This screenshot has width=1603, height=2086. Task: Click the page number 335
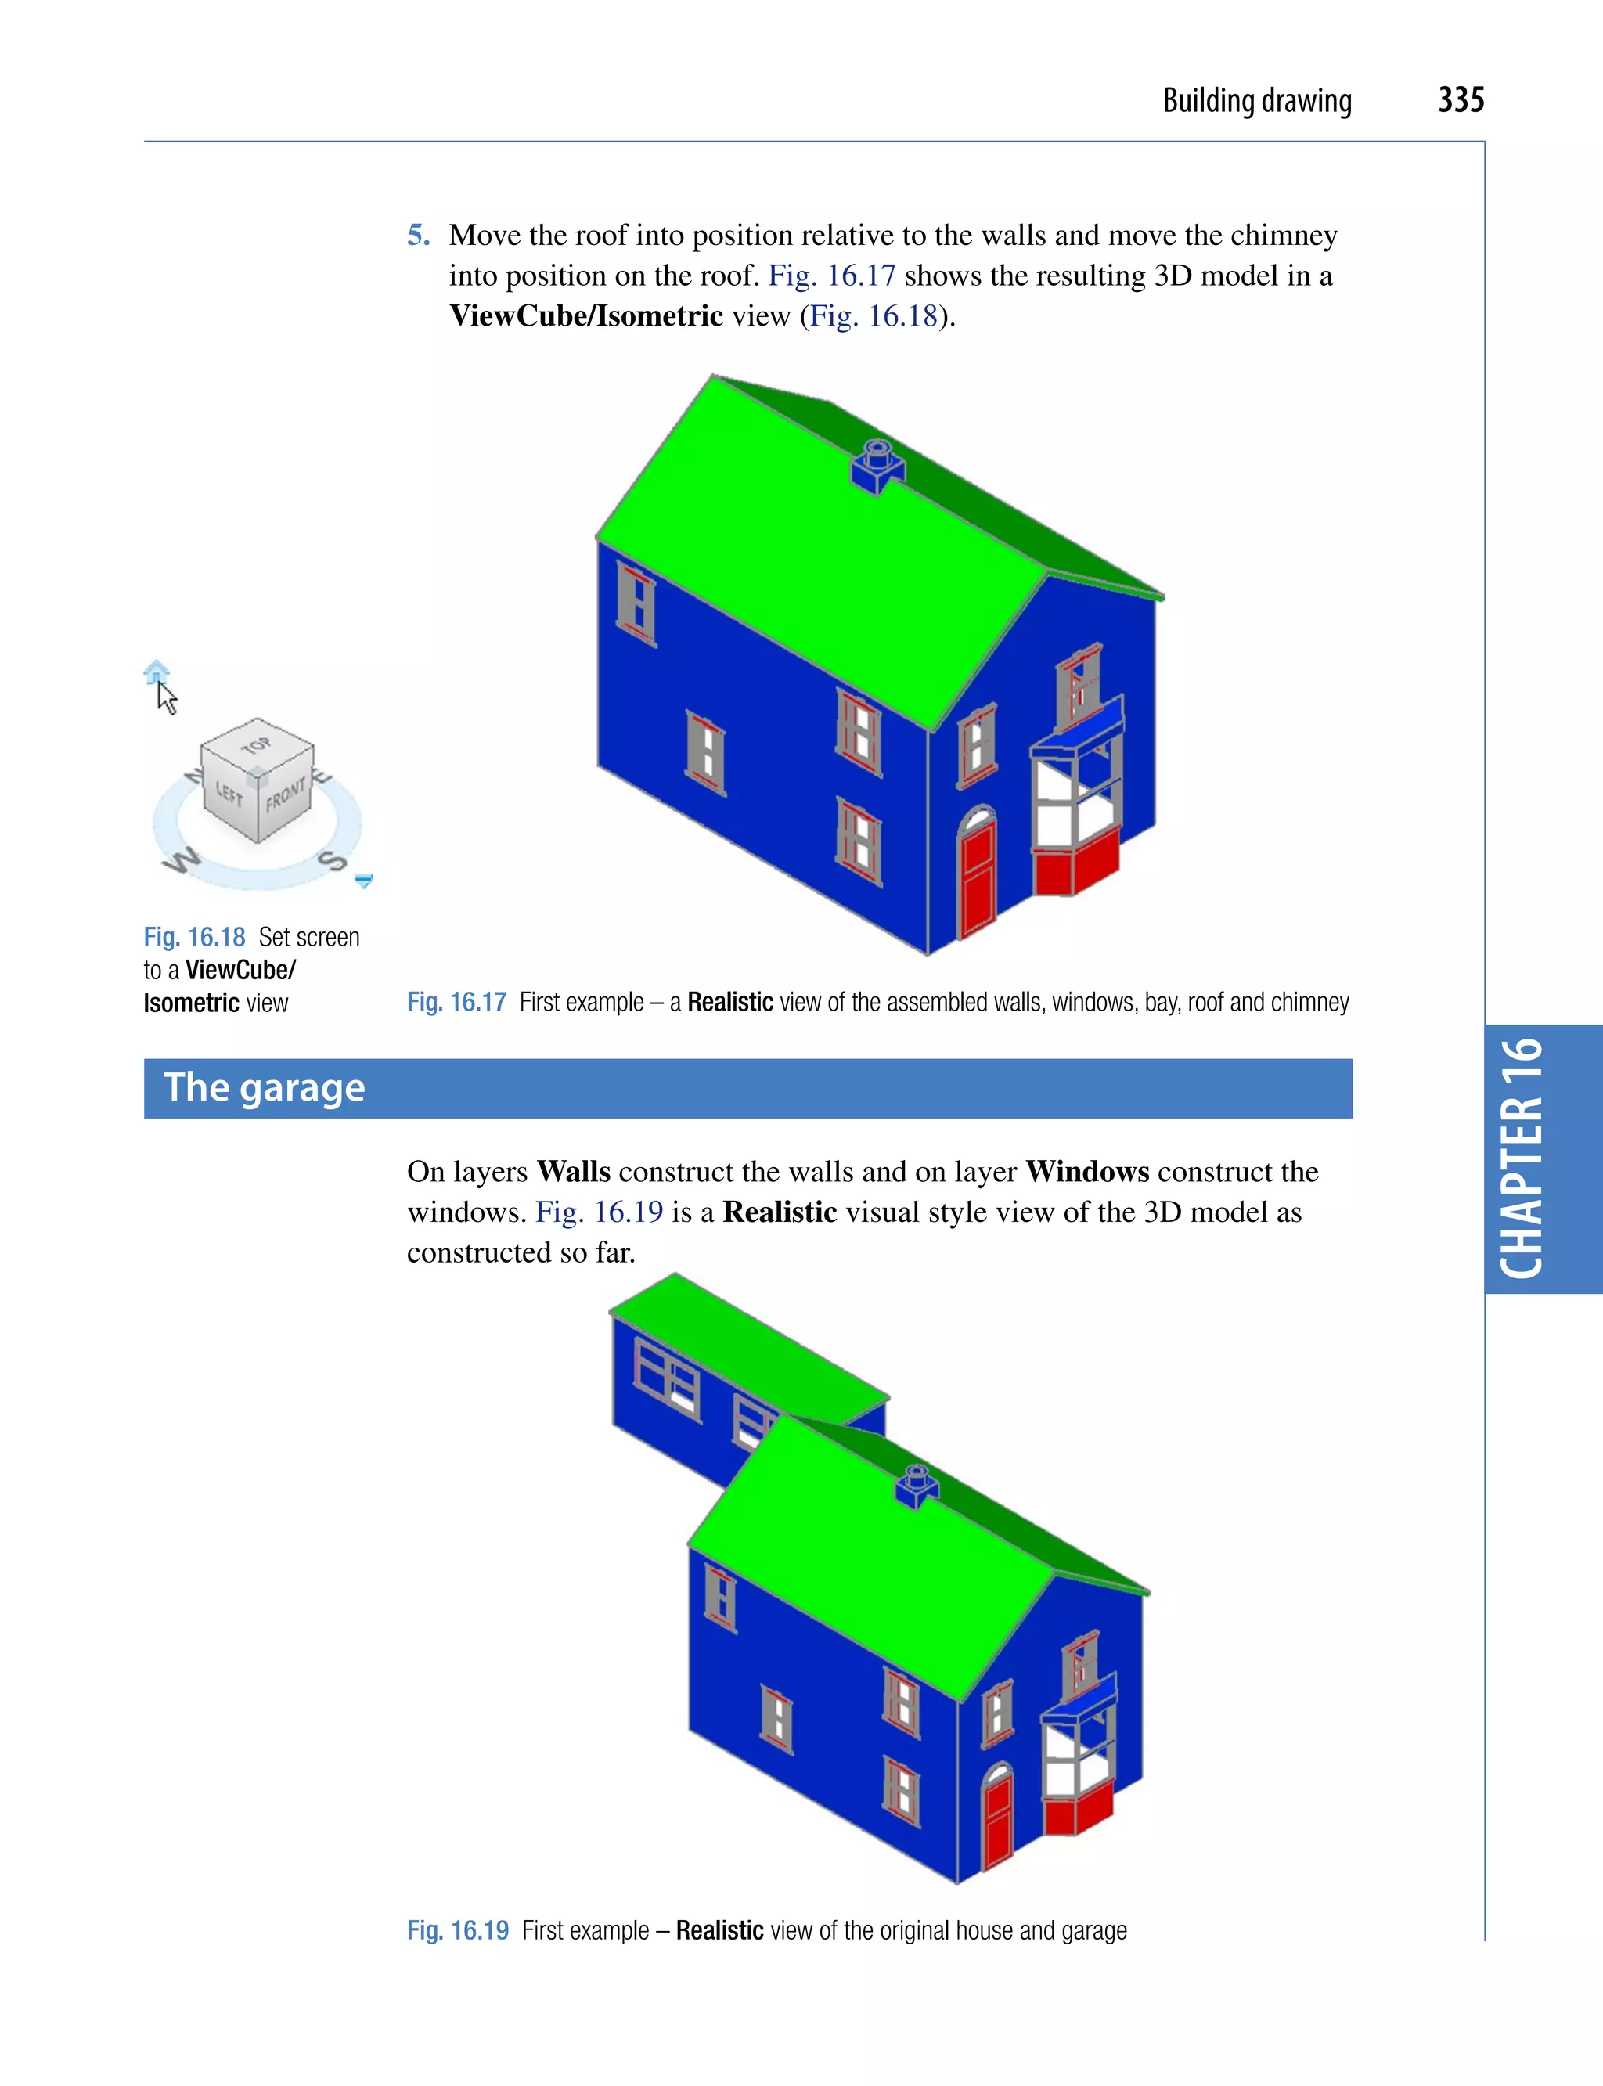click(x=1460, y=100)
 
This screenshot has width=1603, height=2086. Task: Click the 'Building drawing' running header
click(x=1256, y=101)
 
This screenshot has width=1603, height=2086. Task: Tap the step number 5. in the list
click(x=418, y=235)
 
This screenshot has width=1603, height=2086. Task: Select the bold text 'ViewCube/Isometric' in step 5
click(x=585, y=316)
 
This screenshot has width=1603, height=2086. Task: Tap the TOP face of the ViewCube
click(x=257, y=744)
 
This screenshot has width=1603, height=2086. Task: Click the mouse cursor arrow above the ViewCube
click(x=166, y=697)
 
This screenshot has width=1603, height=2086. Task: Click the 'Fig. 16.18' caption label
click(x=195, y=937)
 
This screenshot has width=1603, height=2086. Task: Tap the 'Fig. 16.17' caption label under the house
click(x=456, y=1002)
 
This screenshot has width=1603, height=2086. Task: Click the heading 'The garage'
click(x=265, y=1088)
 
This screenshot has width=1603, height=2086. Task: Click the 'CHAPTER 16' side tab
click(x=1523, y=1158)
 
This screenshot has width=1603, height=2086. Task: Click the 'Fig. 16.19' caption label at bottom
click(x=458, y=1930)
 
